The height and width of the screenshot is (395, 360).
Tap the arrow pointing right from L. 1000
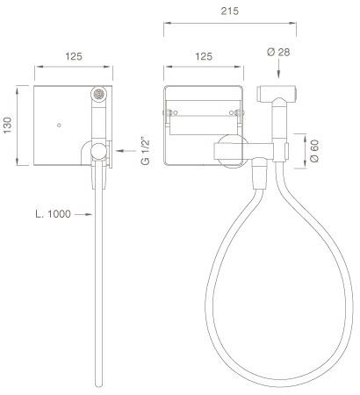pyautogui.click(x=85, y=213)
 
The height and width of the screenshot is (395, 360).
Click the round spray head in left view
pyautogui.click(x=98, y=92)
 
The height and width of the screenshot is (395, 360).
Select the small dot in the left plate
pyautogui.click(x=59, y=126)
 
